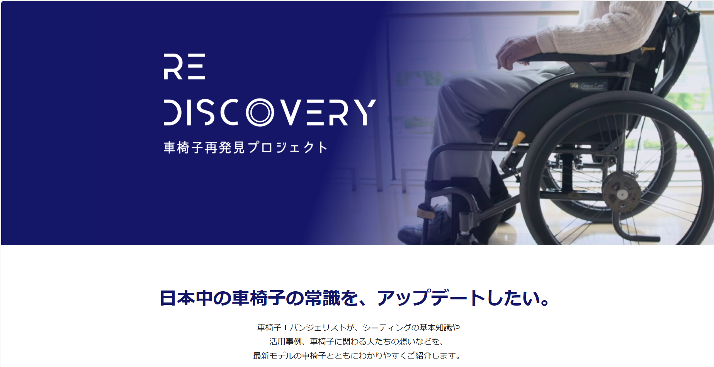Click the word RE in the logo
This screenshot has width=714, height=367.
tap(184, 66)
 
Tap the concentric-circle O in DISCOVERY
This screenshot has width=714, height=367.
tap(260, 112)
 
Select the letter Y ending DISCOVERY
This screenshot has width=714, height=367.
tap(364, 112)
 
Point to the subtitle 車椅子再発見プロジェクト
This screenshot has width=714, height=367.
tap(246, 147)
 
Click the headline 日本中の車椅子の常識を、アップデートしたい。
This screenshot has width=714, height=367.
tap(355, 298)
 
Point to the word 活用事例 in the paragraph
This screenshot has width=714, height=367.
tap(286, 342)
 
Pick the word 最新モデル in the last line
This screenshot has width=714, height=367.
tap(273, 355)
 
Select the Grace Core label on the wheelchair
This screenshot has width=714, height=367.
tap(588, 85)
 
